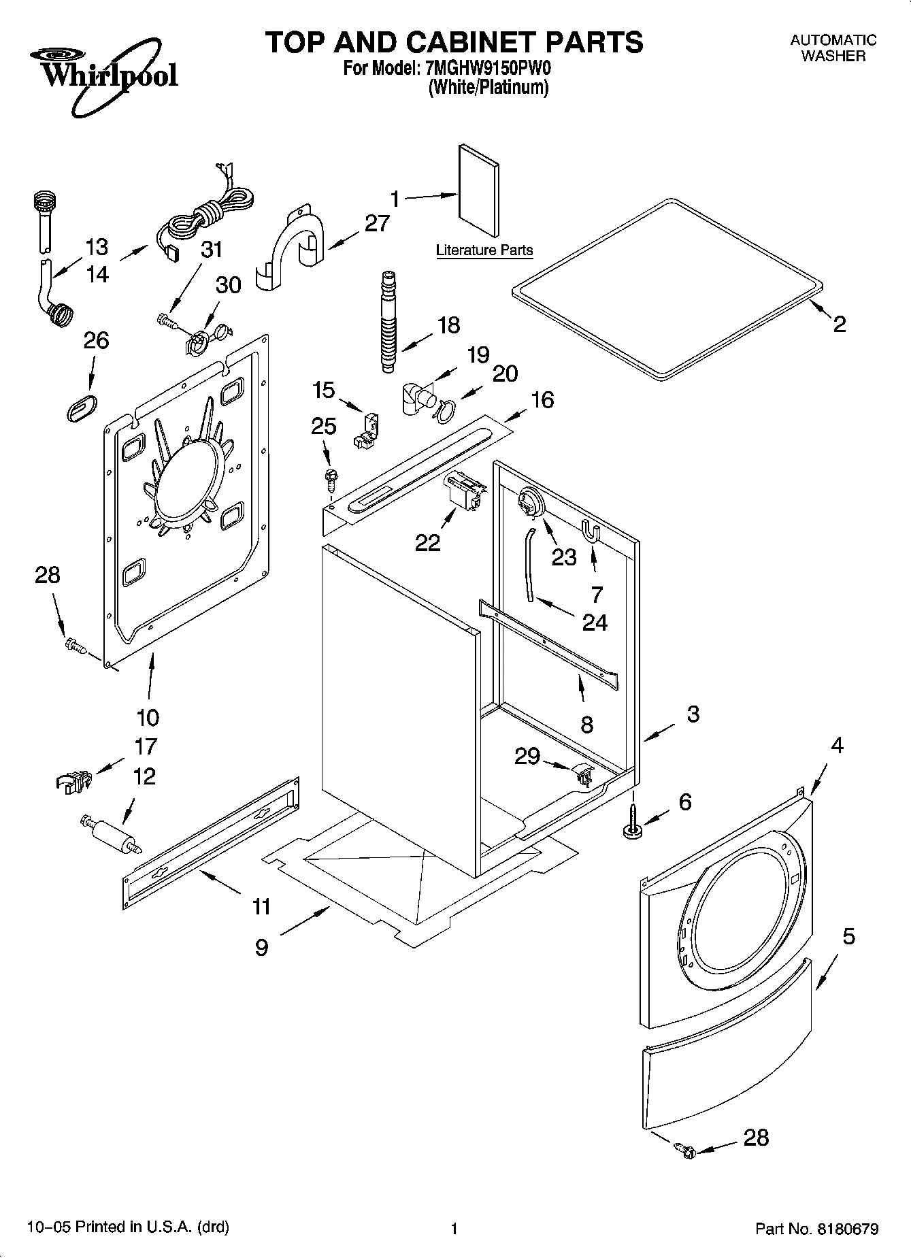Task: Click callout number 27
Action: [377, 223]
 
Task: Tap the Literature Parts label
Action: [484, 250]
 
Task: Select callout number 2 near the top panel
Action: [840, 324]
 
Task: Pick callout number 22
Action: [428, 542]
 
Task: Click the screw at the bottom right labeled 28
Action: [684, 1150]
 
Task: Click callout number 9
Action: [262, 947]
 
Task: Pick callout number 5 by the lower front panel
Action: [848, 936]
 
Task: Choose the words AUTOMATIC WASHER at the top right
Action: [833, 48]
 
